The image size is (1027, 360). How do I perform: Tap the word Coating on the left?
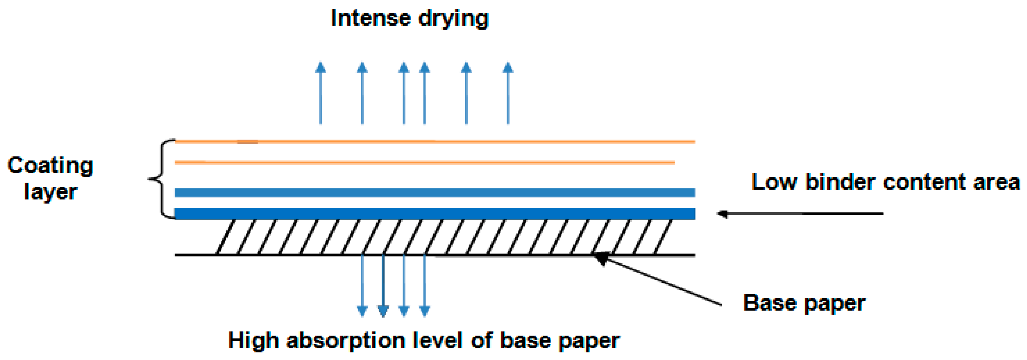[x=50, y=165]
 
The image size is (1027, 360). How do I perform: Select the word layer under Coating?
[x=50, y=192]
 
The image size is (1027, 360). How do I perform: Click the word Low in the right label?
[x=774, y=182]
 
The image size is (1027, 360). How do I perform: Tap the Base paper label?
[x=804, y=303]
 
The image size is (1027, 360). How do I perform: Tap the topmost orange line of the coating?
[x=435, y=141]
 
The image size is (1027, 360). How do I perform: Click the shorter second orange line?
[x=424, y=162]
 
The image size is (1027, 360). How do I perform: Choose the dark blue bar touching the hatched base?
[x=435, y=213]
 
